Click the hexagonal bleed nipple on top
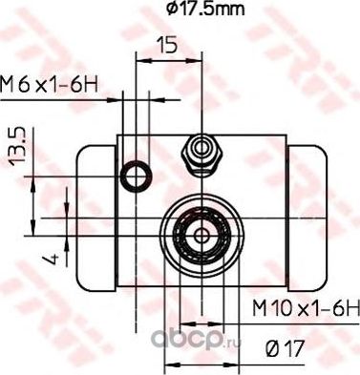click(x=200, y=148)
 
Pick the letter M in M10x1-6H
click(x=260, y=307)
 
